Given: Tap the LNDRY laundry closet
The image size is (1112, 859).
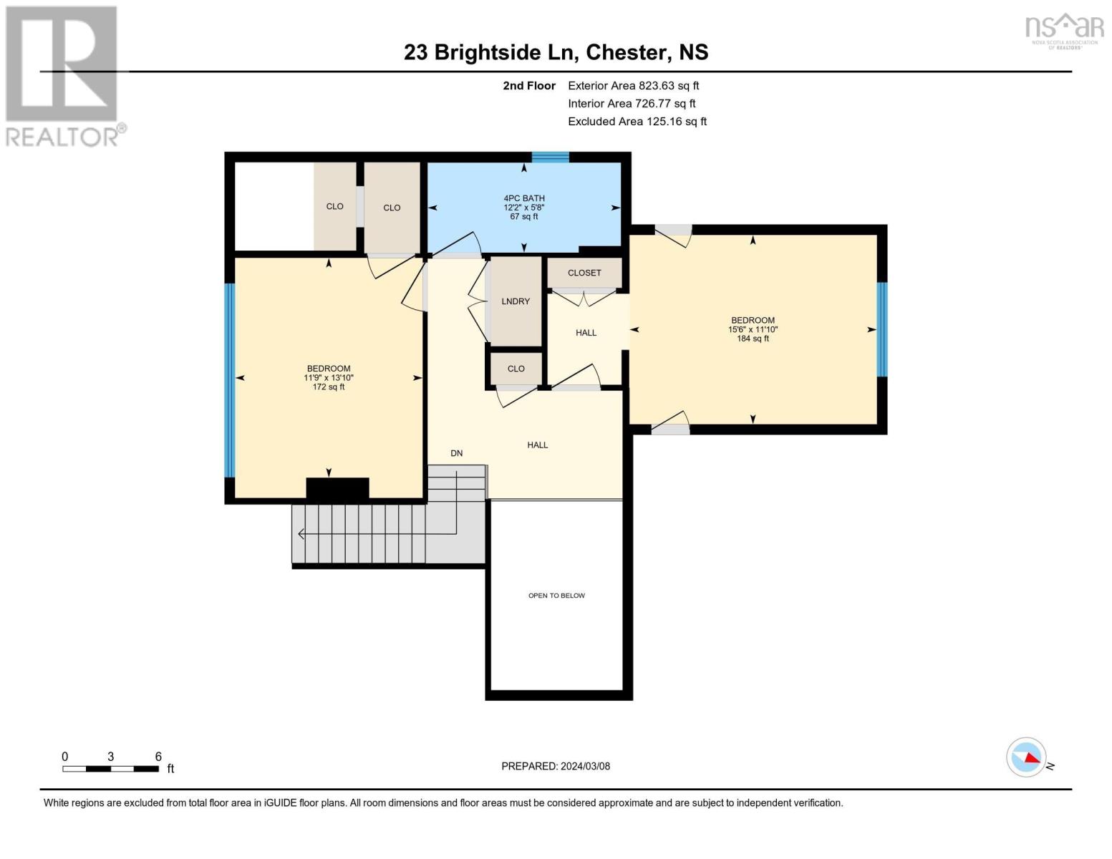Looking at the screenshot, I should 516,301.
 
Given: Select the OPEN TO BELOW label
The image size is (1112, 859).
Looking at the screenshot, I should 556,596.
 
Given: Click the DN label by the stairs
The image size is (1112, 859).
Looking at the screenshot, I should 457,453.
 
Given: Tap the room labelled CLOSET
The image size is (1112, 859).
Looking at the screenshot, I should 584,273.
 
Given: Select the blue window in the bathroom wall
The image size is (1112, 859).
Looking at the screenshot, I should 550,157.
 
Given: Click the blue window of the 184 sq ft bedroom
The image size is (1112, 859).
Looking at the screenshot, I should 882,329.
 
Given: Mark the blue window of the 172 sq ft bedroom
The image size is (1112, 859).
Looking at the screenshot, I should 230,380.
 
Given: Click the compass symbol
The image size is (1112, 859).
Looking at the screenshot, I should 1026,757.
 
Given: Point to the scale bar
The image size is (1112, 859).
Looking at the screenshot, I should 110,769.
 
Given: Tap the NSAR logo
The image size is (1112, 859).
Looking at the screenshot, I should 1064,29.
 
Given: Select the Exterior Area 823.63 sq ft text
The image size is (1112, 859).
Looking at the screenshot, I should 633,86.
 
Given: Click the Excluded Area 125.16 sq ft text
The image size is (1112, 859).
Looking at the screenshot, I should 637,122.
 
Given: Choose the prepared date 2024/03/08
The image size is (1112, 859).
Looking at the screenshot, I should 556,766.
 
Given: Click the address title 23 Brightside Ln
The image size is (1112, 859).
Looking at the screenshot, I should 556,52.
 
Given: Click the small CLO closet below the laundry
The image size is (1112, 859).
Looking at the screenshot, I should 516,369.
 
